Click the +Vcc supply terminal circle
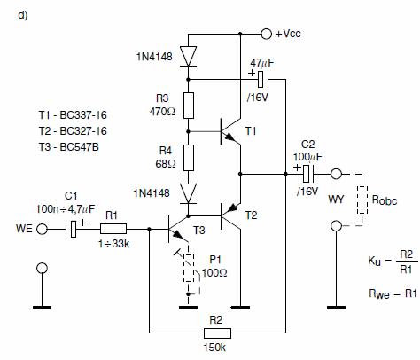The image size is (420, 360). point(266,34)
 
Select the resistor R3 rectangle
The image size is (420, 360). point(189,106)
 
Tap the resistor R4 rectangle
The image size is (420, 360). point(189,158)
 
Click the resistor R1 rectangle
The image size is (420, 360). point(113,229)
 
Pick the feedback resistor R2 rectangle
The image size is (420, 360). point(217,333)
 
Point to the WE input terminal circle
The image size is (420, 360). point(42,229)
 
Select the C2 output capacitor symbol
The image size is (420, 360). point(308,174)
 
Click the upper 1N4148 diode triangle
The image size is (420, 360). point(189,56)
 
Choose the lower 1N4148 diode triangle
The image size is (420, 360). point(189,193)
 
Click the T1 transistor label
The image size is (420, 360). point(251,130)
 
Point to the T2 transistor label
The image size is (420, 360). point(252,215)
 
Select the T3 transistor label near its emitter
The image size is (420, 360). point(199,230)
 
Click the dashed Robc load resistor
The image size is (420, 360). point(362,200)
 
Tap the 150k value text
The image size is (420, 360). point(214,348)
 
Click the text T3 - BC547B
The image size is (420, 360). point(69,147)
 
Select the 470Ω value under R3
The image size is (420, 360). point(162,112)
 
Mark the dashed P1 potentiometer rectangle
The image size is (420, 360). point(189,268)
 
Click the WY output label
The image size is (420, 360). point(336,200)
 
